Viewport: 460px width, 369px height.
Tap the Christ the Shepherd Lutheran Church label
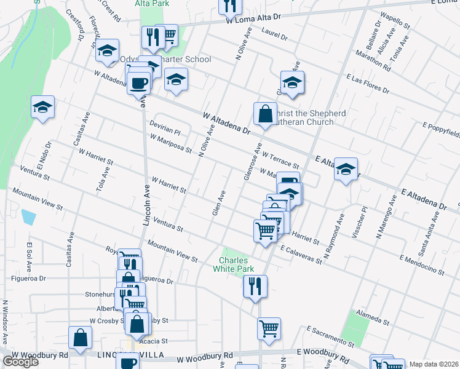click(x=303, y=118)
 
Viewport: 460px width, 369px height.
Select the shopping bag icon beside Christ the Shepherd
click(x=265, y=114)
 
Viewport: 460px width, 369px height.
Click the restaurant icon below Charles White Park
click(x=255, y=286)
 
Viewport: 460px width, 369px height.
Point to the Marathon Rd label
click(x=373, y=62)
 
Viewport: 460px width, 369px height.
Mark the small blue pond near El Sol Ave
click(x=28, y=216)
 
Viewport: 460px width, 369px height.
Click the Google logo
click(x=20, y=362)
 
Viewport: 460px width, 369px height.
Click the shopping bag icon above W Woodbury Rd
click(x=80, y=337)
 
